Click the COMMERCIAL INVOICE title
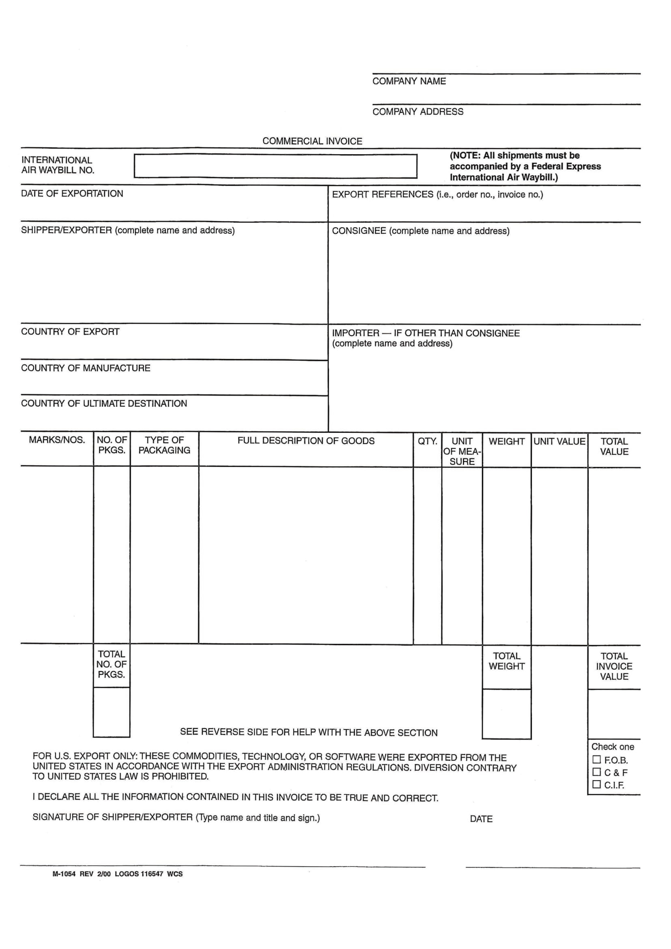(312, 141)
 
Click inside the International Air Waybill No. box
(275, 166)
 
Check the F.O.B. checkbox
(596, 760)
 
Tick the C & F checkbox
(596, 772)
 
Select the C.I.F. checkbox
(596, 784)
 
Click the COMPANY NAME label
(409, 81)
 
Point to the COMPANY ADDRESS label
(418, 112)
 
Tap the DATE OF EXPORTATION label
(72, 194)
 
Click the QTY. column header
(427, 441)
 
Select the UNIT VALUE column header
(559, 441)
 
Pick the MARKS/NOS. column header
(57, 440)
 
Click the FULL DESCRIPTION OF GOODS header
(306, 441)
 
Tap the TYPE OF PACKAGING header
(164, 445)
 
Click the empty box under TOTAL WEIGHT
(507, 714)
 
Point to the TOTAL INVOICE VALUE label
(614, 666)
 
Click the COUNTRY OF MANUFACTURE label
(86, 368)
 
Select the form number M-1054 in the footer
(64, 874)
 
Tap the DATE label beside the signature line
(481, 819)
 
